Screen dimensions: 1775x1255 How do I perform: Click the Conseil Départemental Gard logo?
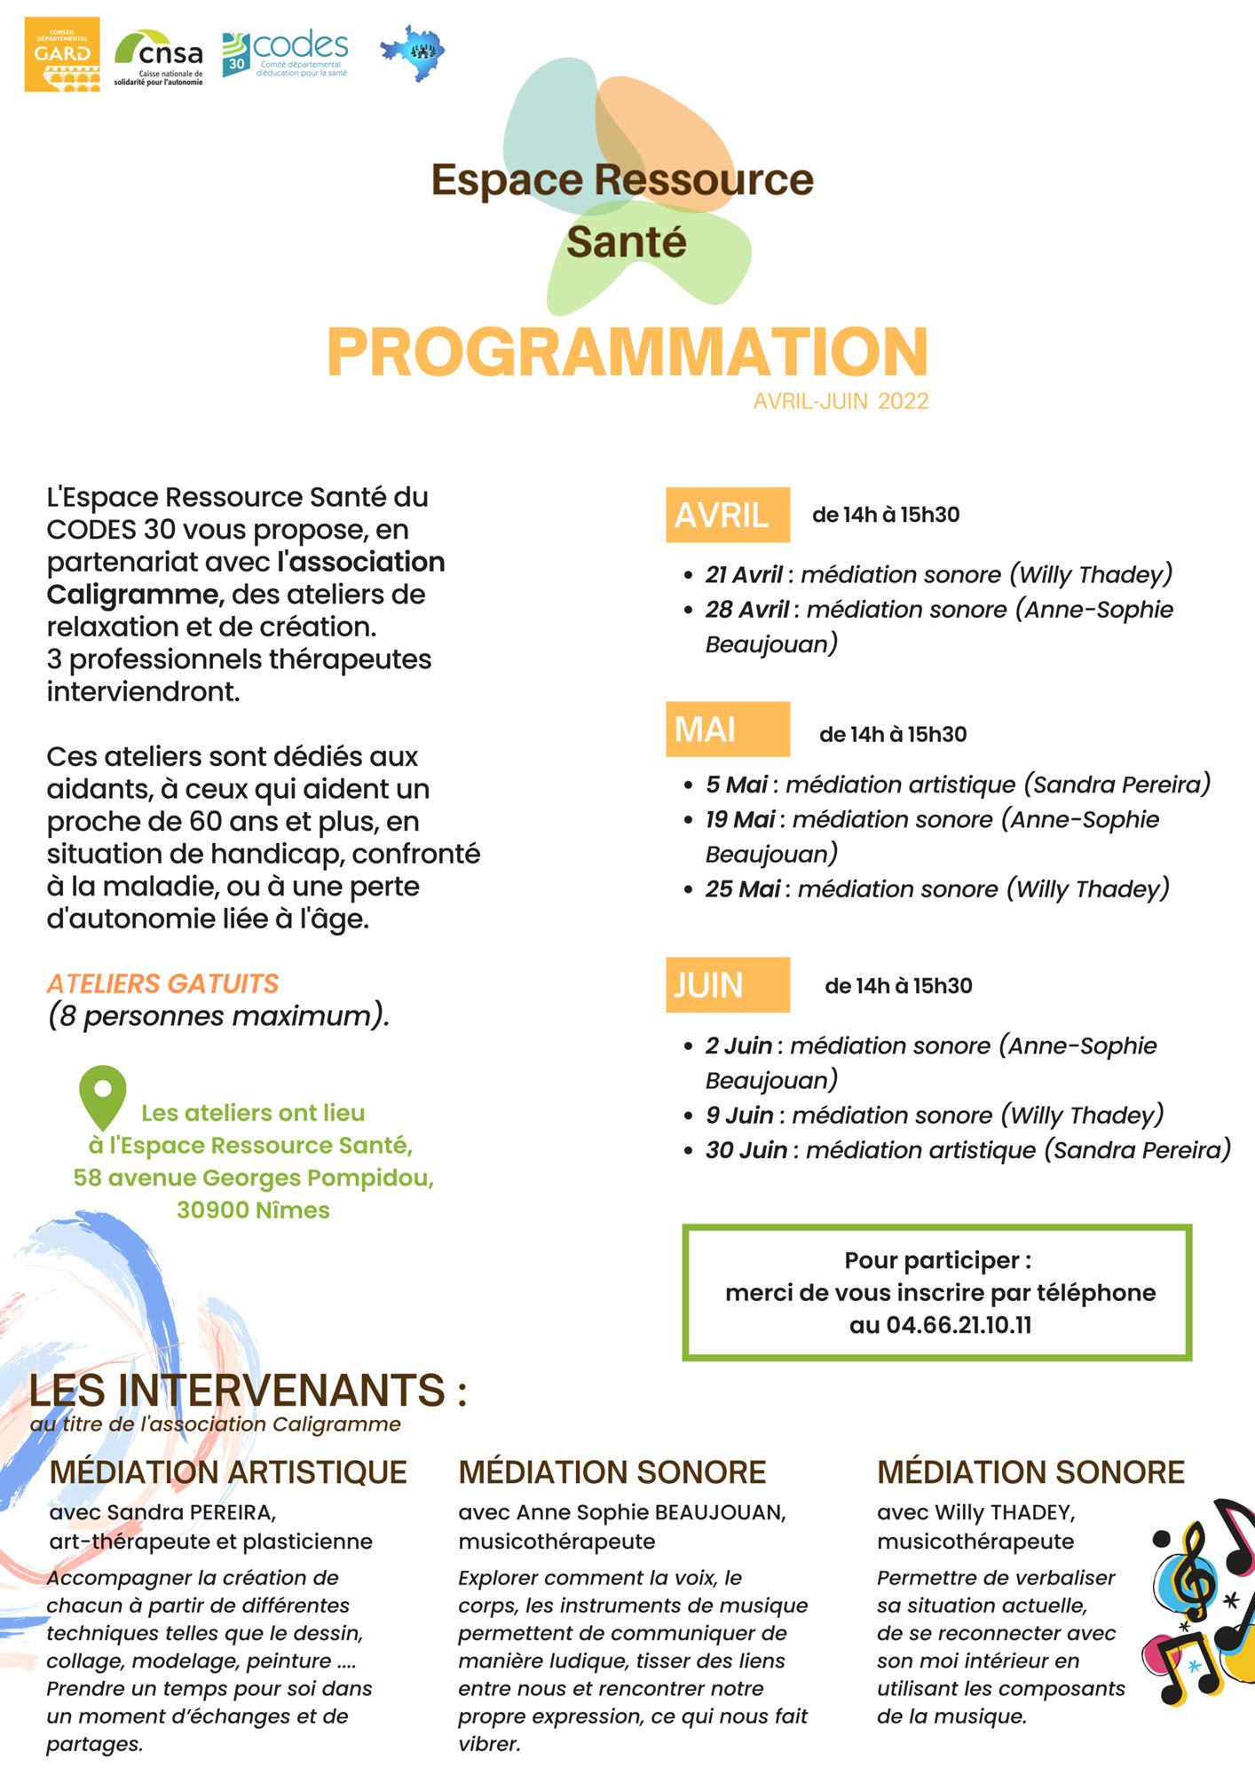point(62,54)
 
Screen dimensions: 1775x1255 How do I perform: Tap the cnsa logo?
point(159,57)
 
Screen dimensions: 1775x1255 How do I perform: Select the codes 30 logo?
point(285,54)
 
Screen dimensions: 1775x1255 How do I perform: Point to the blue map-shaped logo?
point(414,52)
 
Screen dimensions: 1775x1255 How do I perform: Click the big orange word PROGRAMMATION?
point(627,352)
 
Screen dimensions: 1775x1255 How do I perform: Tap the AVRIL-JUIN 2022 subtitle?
point(841,401)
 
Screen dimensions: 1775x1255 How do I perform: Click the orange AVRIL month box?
point(727,515)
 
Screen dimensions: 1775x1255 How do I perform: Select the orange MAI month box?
point(727,730)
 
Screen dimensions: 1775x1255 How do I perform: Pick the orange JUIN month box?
point(727,985)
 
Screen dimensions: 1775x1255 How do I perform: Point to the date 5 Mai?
point(737,785)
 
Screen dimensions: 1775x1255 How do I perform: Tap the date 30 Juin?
point(746,1150)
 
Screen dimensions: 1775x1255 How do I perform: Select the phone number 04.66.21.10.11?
point(959,1325)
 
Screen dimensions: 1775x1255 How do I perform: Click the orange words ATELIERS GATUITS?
point(162,983)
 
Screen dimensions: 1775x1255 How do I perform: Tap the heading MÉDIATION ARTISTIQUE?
point(228,1472)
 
